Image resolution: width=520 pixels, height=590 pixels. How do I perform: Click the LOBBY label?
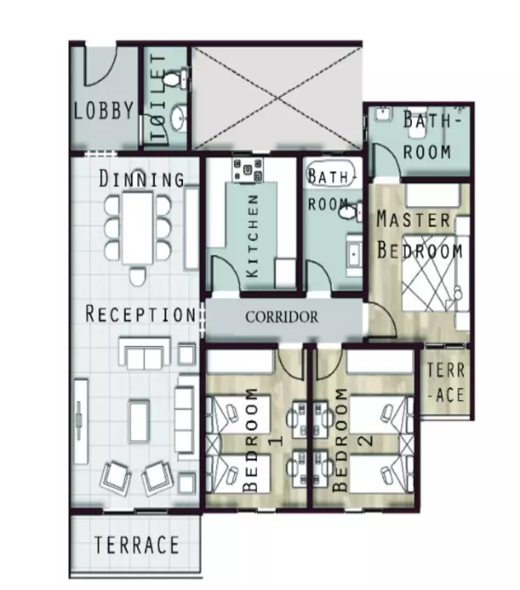point(104,110)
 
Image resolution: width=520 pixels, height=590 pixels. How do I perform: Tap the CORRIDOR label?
point(281,316)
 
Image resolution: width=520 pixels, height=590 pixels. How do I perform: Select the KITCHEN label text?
point(253,236)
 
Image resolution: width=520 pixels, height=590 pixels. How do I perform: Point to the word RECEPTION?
point(141,314)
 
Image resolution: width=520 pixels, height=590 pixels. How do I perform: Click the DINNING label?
point(141,179)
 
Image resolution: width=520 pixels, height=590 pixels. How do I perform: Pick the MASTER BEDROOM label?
point(419,235)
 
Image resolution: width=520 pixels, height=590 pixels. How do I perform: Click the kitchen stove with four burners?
point(248,170)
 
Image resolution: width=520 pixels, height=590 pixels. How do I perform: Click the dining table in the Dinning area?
point(138,228)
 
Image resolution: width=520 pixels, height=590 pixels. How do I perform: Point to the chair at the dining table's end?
point(137,276)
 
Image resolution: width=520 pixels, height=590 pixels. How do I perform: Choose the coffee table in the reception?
point(139,420)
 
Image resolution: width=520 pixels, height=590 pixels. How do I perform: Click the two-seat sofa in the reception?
point(144,354)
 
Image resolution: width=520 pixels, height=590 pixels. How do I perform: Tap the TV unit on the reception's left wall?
point(80,422)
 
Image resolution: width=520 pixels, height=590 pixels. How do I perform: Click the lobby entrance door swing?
point(101,66)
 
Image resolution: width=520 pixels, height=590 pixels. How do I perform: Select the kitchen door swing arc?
point(226,273)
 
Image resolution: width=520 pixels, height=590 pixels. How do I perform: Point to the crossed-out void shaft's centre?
point(277,98)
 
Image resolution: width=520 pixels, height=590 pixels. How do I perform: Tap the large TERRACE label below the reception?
point(136,545)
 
